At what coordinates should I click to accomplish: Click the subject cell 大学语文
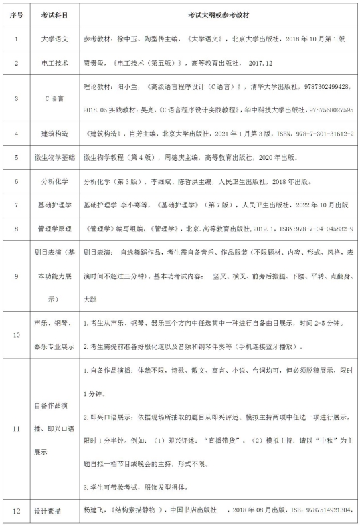click(x=54, y=39)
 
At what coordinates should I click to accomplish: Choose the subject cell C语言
click(x=54, y=98)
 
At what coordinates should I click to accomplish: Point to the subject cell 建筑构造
click(x=54, y=134)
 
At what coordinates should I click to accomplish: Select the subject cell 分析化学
click(x=54, y=181)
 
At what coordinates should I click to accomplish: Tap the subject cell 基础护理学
click(x=54, y=205)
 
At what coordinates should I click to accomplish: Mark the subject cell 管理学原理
click(x=54, y=229)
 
